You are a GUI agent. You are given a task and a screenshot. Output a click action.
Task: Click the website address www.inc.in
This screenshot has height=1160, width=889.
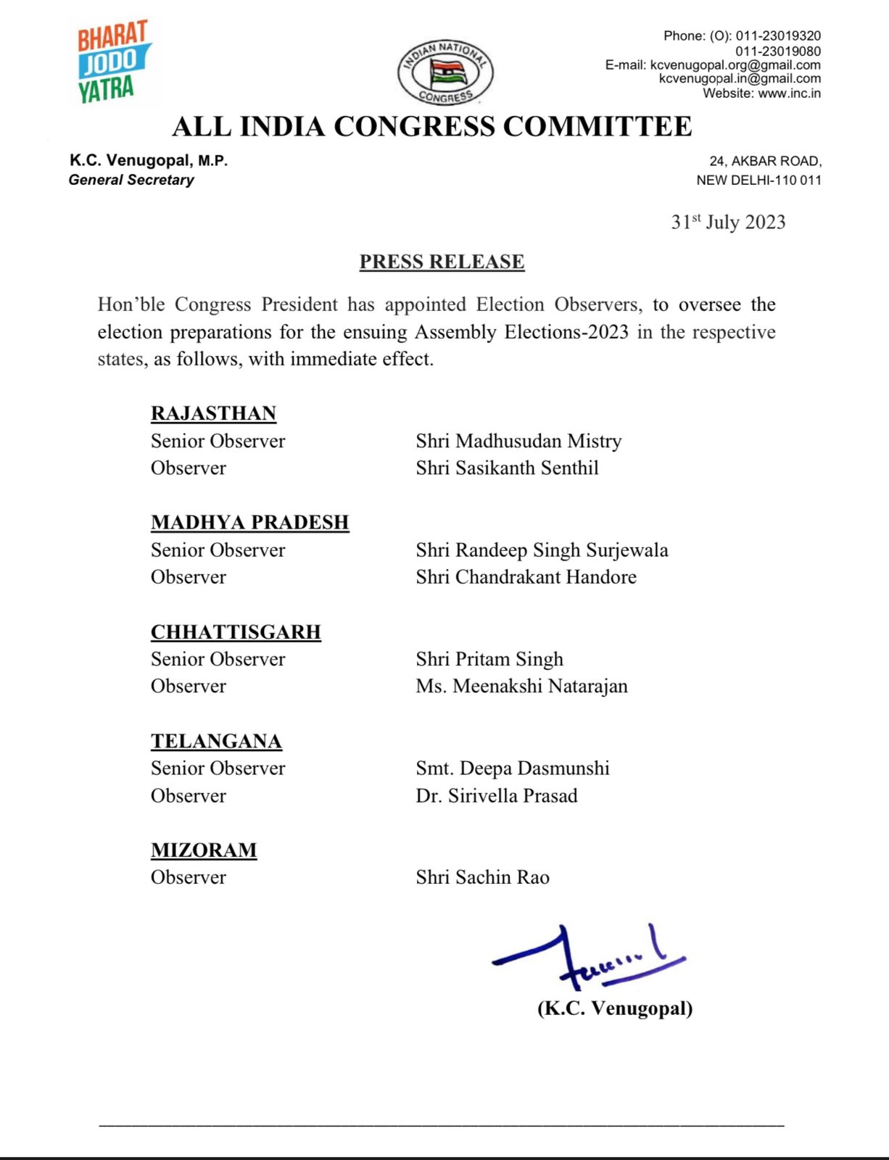click(789, 93)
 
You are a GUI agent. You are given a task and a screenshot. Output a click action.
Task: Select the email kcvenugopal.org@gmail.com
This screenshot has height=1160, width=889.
click(735, 65)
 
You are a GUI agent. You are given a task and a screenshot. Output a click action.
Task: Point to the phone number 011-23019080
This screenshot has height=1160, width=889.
click(778, 51)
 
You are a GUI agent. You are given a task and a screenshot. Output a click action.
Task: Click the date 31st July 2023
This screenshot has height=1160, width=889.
click(728, 222)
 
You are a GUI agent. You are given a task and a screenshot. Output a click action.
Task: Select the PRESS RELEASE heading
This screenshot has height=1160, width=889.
click(442, 262)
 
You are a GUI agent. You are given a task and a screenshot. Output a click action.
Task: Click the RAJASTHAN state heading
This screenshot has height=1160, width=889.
click(213, 413)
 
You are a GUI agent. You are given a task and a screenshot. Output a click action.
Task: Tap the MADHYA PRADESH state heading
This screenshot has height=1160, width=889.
click(249, 522)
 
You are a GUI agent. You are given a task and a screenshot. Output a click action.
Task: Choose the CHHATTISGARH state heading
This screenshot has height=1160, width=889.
click(236, 631)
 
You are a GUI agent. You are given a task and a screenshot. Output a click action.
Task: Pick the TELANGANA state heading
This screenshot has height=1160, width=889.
click(216, 741)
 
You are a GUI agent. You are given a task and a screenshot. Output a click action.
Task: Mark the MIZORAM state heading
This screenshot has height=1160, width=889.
click(204, 850)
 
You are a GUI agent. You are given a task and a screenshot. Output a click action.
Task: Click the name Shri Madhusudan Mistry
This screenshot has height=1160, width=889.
click(518, 441)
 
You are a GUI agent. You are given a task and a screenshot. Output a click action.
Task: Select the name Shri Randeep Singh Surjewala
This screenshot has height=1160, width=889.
click(542, 550)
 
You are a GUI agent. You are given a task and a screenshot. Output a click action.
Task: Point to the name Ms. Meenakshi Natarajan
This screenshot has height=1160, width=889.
click(521, 686)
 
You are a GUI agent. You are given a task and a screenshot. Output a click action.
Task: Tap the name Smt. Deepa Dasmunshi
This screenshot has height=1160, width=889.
click(512, 768)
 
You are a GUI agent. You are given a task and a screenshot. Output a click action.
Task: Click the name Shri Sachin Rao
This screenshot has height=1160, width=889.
click(482, 877)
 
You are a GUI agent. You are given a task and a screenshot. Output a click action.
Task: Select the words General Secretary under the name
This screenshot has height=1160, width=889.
click(131, 180)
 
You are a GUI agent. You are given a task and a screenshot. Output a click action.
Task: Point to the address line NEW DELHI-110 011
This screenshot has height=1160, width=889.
click(758, 180)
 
